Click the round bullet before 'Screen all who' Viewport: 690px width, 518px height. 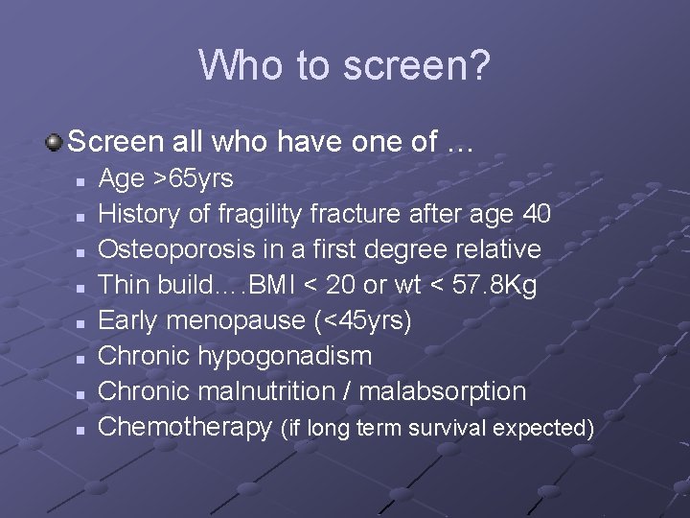55,143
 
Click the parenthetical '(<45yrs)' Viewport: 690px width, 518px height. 362,320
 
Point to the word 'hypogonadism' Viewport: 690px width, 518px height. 285,356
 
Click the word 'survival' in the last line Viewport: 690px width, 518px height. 452,428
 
